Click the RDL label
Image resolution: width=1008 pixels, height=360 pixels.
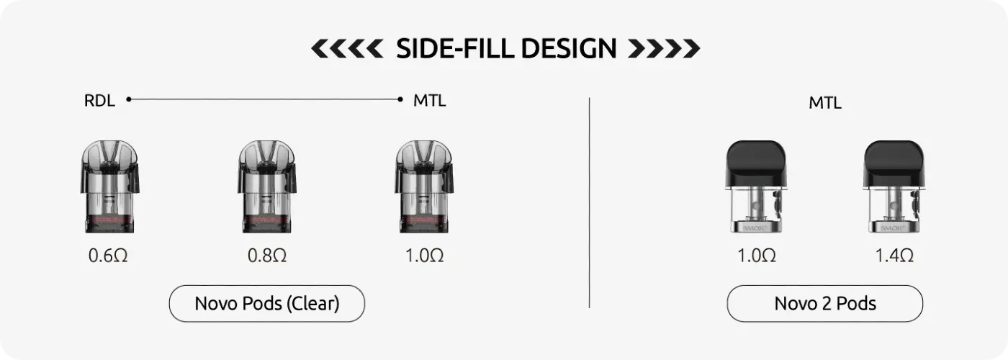99,100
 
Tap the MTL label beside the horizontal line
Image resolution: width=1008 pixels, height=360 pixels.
430,100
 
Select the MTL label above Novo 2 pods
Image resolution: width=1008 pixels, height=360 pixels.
825,103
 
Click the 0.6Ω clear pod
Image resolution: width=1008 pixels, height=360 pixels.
109,186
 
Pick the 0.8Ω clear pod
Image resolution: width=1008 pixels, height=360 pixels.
267,186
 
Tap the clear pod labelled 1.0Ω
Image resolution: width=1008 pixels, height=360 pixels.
424,186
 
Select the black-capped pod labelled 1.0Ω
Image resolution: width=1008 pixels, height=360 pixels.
756,186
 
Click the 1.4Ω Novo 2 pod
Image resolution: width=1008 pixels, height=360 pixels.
894,186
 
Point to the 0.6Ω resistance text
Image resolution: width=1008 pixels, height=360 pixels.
108,256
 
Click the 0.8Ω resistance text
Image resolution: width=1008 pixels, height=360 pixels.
267,256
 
